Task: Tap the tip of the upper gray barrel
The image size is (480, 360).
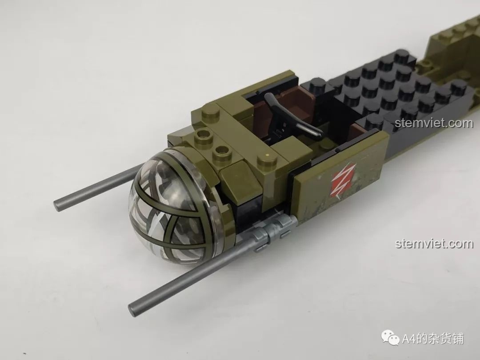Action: (58, 204)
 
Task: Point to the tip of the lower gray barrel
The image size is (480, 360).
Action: (132, 308)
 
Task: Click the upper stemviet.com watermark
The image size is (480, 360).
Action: (434, 123)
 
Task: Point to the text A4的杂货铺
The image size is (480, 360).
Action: (432, 340)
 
